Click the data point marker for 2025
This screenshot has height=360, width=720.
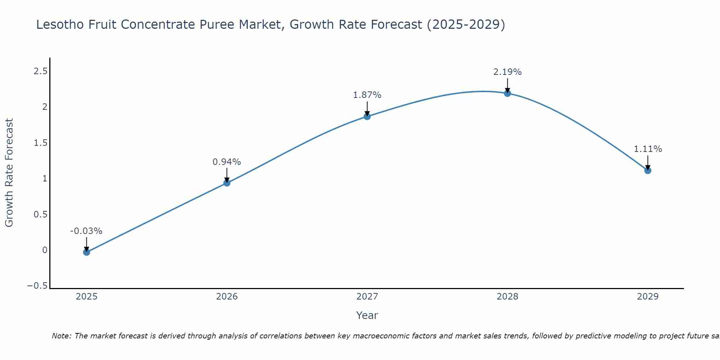[86, 252]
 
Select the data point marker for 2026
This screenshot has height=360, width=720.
[227, 183]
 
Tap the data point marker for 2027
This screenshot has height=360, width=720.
[367, 116]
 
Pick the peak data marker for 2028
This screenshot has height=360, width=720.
[507, 93]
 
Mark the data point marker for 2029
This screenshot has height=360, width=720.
[648, 170]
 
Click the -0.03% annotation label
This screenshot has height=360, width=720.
[86, 231]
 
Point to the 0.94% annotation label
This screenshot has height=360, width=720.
[227, 162]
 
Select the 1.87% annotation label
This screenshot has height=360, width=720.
[367, 95]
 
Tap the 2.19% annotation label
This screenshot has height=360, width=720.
[507, 72]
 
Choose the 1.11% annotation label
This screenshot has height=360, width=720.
[648, 149]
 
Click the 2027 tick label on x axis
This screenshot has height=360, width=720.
[367, 297]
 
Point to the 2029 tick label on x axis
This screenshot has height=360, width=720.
[648, 297]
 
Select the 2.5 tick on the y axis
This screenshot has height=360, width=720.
[40, 71]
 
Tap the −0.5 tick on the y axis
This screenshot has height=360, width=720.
[37, 286]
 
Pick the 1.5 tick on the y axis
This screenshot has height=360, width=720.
[40, 143]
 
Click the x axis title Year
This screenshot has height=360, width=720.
[367, 315]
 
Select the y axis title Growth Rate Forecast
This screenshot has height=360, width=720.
[9, 173]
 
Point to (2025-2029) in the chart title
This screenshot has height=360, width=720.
[466, 24]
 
